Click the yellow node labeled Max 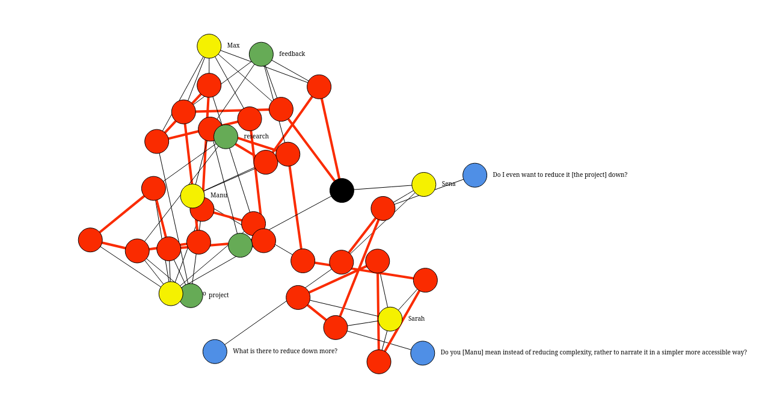209,46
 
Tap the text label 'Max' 233,46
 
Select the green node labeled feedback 261,54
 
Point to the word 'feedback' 292,54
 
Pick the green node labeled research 226,137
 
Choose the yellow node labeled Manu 192,196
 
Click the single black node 342,191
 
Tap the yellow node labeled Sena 424,185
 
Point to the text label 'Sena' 449,184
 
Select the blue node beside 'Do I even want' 475,175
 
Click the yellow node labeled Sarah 390,319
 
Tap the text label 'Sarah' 416,319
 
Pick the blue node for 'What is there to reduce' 215,351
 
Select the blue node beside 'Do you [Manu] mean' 423,353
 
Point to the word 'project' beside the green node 219,295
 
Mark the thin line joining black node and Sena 382,188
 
